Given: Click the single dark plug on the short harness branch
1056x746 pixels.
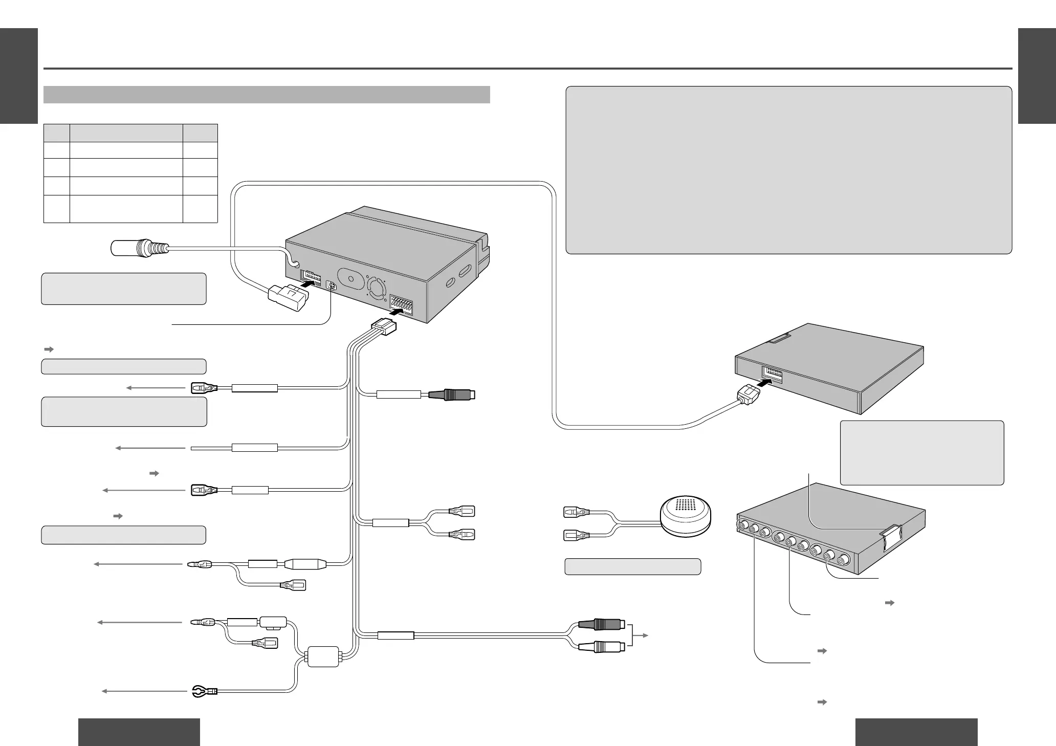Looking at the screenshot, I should click(452, 394).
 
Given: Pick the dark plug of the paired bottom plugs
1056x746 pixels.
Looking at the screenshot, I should click(601, 625).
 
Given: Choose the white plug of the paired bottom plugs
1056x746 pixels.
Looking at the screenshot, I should click(601, 647).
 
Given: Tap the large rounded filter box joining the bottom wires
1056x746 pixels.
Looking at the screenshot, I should click(322, 656).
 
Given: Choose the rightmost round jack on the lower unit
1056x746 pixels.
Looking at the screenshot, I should click(843, 559).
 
